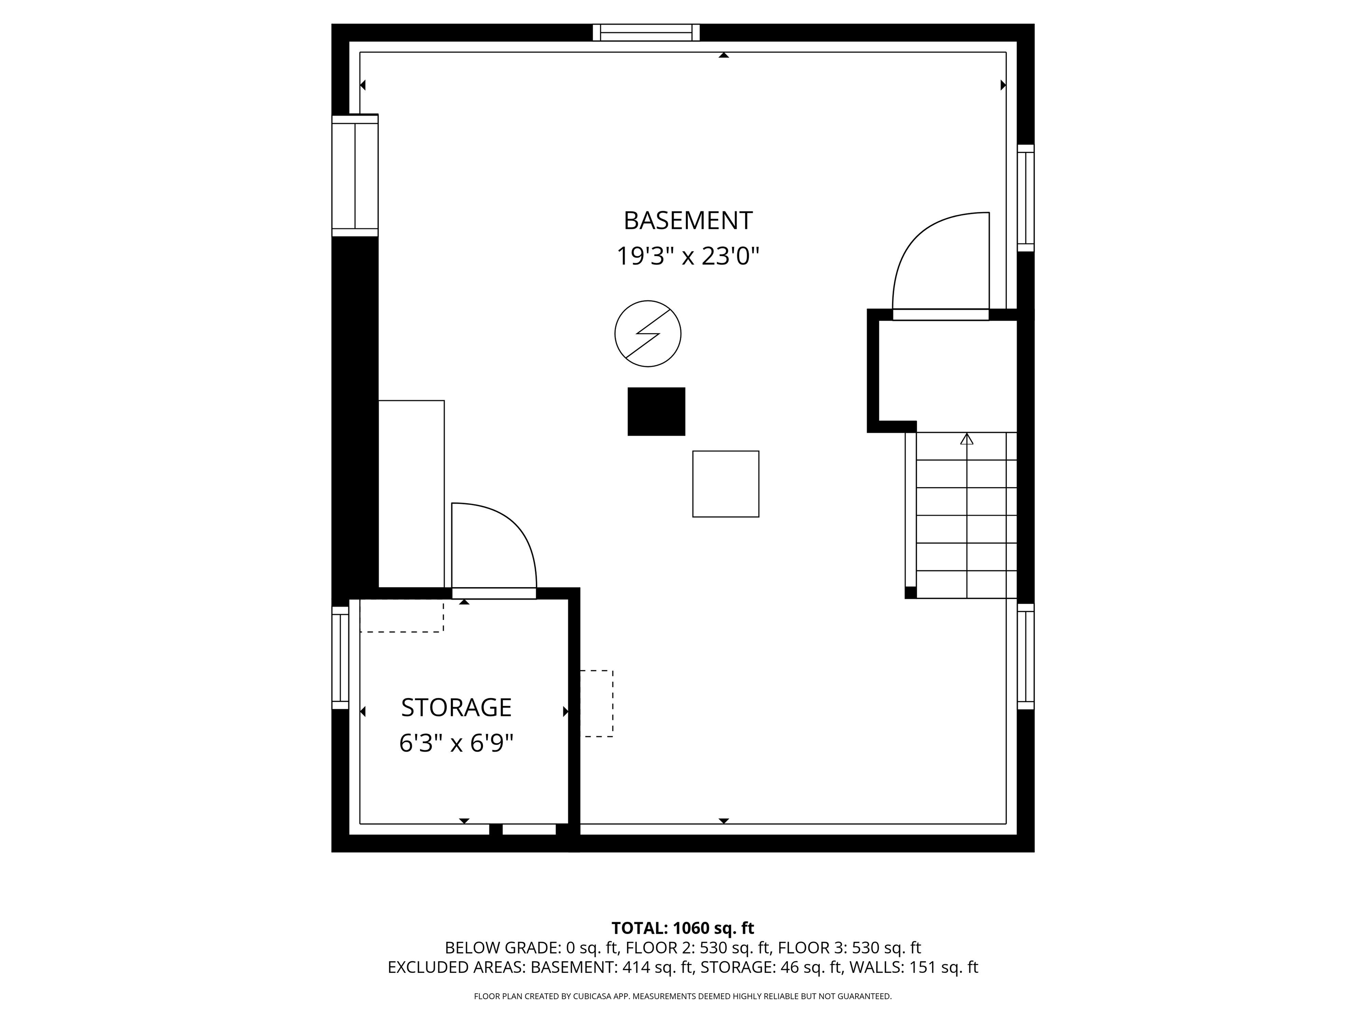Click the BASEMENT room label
(688, 220)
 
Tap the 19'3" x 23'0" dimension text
(688, 256)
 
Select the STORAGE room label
(456, 708)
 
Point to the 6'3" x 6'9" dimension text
(456, 743)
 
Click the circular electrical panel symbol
(648, 333)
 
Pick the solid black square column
(656, 412)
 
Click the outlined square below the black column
(726, 484)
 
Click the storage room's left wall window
(340, 658)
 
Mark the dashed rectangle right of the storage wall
(597, 704)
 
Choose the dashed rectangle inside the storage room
(402, 617)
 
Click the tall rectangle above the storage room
(411, 494)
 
